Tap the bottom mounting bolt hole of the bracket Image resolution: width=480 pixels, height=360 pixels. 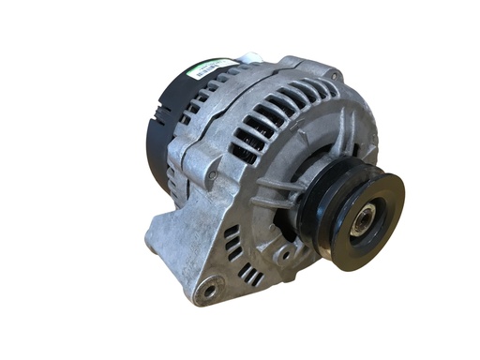coord(209,292)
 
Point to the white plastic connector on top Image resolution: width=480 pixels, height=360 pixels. coord(246,58)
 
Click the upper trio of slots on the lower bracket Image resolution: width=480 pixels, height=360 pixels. coord(232,246)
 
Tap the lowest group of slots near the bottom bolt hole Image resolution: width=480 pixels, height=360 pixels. coord(249,275)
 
